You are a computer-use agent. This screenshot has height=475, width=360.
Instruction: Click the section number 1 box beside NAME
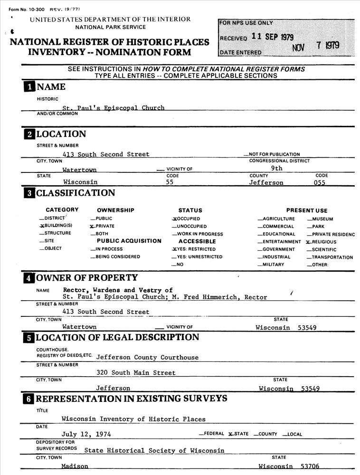click(29, 87)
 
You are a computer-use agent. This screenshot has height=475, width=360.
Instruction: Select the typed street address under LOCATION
click(106, 154)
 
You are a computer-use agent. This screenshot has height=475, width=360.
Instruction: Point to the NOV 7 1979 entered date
click(316, 46)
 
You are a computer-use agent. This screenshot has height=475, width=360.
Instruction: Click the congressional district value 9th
click(276, 168)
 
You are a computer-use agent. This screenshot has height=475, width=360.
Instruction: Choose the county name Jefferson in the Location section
click(266, 182)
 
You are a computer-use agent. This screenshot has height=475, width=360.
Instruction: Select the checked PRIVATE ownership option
click(102, 226)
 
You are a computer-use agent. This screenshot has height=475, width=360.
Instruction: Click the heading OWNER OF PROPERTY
click(87, 278)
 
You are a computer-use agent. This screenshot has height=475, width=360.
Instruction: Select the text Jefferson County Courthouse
click(147, 357)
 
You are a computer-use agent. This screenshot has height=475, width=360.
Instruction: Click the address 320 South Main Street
click(136, 373)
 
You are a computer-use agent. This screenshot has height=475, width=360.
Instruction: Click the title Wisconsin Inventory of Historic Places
click(133, 419)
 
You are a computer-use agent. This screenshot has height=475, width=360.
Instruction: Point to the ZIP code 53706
click(310, 466)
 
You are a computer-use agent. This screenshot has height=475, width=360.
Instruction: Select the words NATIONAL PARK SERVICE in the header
click(111, 28)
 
